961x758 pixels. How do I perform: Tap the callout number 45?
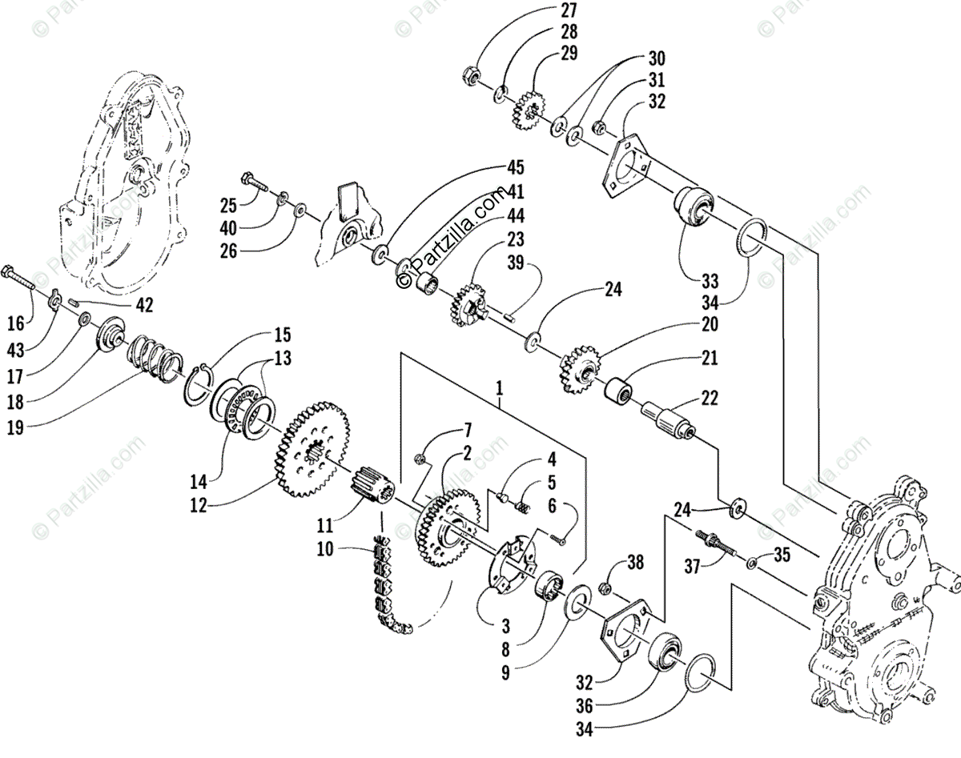(x=515, y=167)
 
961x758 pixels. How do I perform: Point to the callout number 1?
(x=500, y=390)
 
